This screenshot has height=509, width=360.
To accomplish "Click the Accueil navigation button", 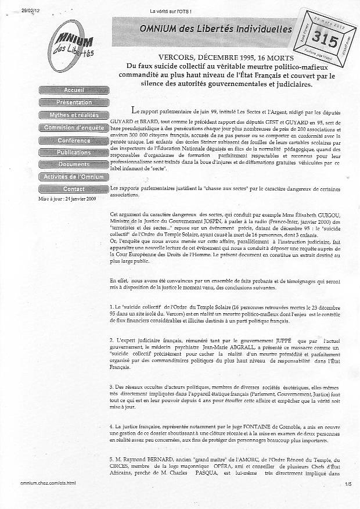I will (x=74, y=90).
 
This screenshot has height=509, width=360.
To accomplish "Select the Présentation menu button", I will (x=74, y=102).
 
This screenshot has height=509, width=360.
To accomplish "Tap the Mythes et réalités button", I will (x=74, y=115).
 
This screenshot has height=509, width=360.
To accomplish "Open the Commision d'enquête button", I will (x=74, y=127).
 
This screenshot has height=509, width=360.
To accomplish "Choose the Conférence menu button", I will (x=74, y=141).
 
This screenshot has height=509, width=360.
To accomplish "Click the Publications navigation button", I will (x=74, y=152).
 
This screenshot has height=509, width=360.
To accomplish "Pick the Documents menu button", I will (x=74, y=164).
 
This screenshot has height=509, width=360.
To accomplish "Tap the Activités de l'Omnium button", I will (x=74, y=177).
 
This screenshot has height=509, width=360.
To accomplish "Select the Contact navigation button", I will (x=74, y=189).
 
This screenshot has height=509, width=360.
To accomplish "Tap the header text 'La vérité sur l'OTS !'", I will (x=171, y=11).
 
